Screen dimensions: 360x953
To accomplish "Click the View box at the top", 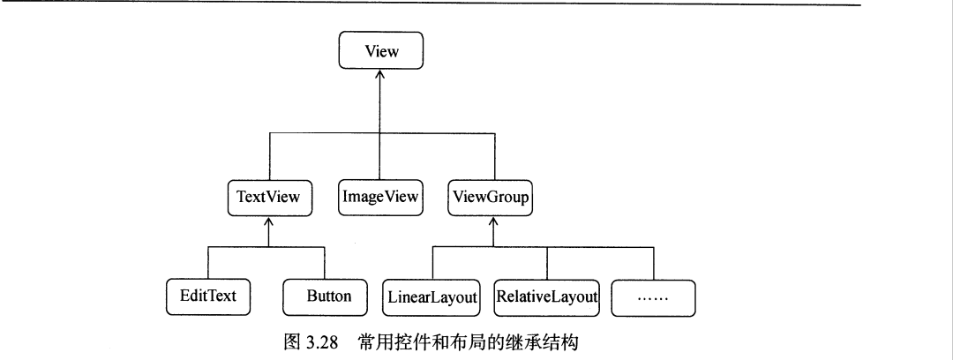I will [x=381, y=51].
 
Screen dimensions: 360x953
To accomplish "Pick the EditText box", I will [x=207, y=296].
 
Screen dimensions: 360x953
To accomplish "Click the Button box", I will [x=327, y=296].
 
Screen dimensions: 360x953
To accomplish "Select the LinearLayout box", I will [x=431, y=297].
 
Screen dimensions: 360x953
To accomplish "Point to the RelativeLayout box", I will [x=546, y=297].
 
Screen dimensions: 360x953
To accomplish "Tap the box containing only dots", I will [x=653, y=297].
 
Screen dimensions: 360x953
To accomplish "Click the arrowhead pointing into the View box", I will [x=381, y=77].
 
